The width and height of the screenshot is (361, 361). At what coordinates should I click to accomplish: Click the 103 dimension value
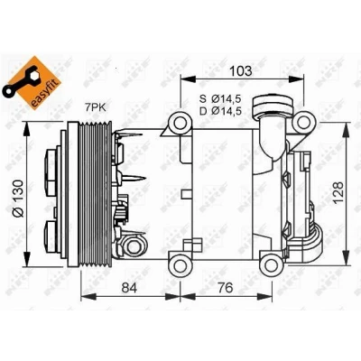click(x=241, y=71)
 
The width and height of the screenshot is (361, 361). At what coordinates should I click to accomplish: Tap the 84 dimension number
click(x=129, y=288)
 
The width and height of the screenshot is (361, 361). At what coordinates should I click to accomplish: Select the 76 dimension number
click(x=226, y=288)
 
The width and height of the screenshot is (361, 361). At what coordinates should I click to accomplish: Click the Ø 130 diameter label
click(x=18, y=198)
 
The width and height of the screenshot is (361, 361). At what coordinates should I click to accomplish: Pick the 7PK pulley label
click(x=95, y=107)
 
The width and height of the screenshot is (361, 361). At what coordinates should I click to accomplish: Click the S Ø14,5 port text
click(x=221, y=99)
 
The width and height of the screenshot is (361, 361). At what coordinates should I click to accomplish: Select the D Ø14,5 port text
click(x=221, y=111)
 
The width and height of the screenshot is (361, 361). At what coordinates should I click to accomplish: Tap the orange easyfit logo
click(x=32, y=82)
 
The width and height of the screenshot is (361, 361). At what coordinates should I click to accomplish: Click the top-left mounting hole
click(x=180, y=122)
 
